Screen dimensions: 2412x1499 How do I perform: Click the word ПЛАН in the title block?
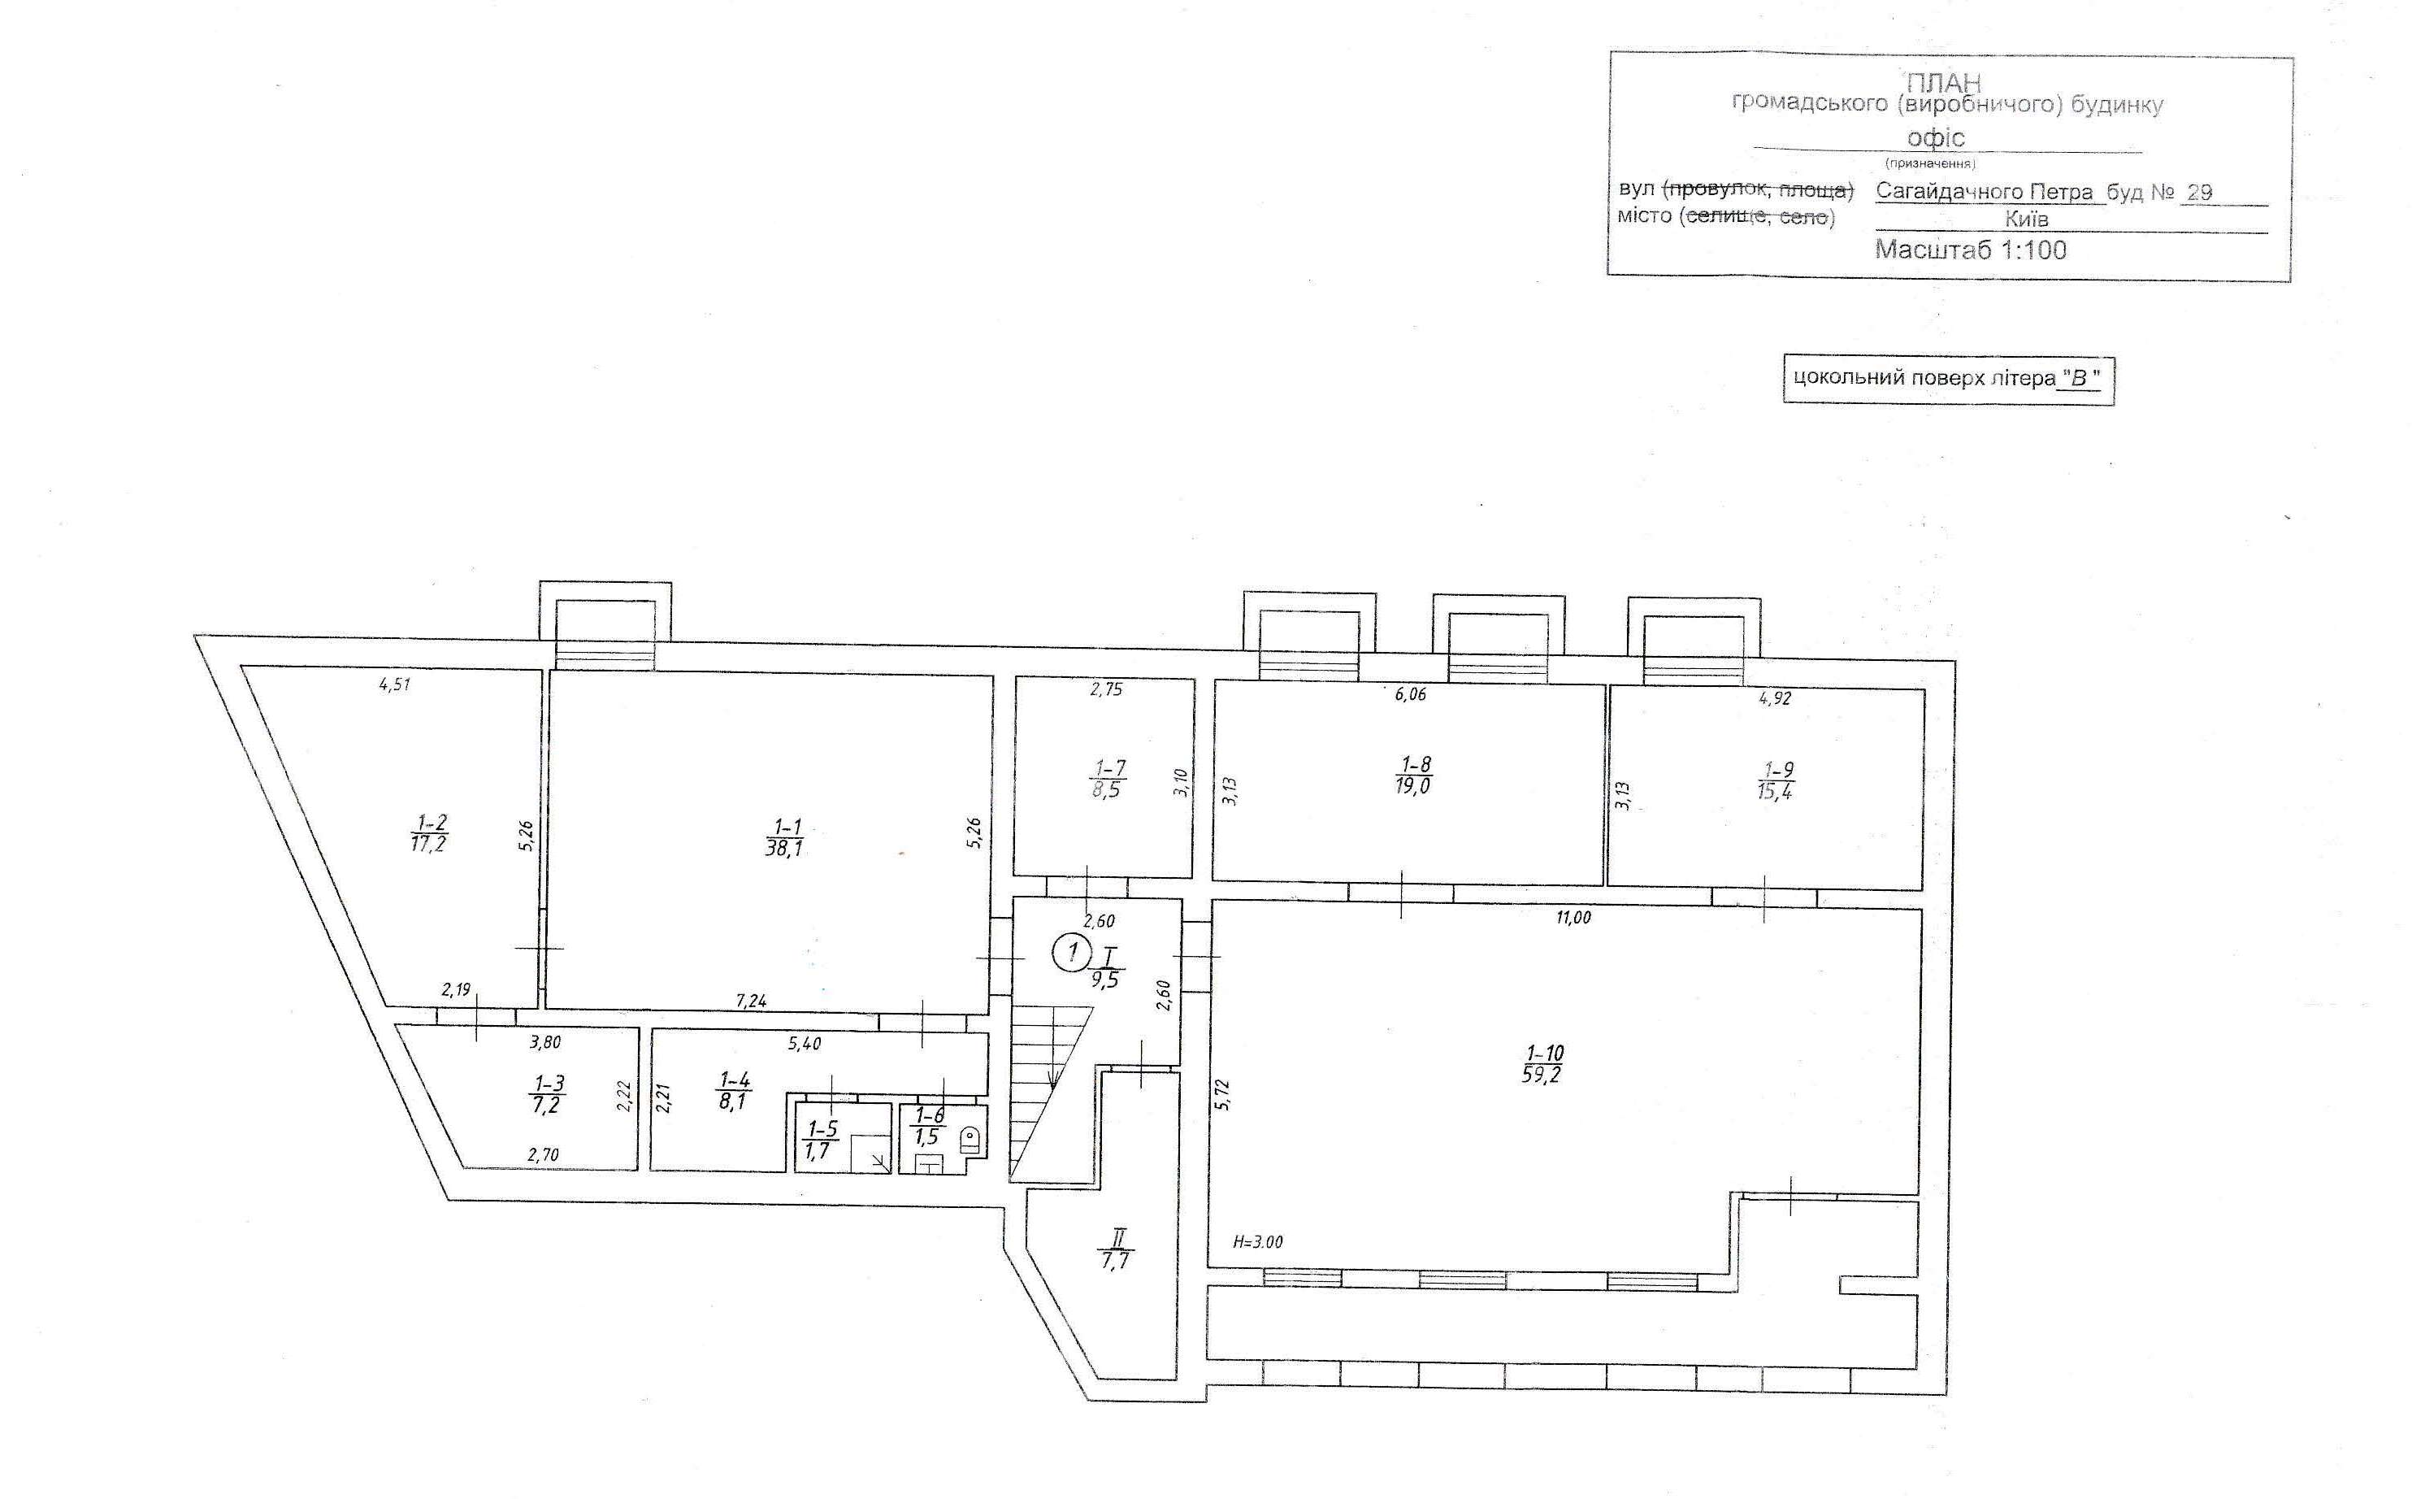tap(1943, 83)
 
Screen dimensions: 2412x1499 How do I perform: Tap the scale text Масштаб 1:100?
tap(1970, 249)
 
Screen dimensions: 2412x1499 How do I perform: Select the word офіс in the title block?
tap(1935, 137)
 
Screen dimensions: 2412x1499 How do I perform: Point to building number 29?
tap(2199, 193)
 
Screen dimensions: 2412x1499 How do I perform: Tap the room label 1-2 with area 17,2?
tap(429, 832)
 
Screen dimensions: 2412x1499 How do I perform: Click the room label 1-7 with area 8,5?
tap(1108, 780)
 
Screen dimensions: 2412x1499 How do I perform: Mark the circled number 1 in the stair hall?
tap(1070, 954)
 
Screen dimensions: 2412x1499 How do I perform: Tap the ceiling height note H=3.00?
tap(1257, 1241)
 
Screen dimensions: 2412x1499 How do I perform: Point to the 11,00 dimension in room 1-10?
tap(1573, 918)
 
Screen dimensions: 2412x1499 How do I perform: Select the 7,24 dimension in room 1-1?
tap(751, 1002)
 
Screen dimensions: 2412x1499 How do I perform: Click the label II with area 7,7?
tap(1116, 1249)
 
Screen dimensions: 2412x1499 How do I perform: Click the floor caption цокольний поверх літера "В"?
tap(1947, 379)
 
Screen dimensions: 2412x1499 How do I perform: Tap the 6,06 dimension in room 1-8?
tap(1410, 695)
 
